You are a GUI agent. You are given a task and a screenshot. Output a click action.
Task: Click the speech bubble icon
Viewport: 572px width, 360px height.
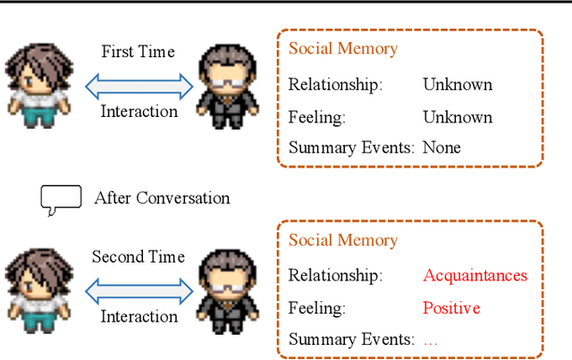point(60,199)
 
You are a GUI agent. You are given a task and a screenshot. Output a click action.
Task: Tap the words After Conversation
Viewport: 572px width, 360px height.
point(162,198)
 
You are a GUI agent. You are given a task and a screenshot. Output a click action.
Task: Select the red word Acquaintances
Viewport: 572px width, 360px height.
point(475,275)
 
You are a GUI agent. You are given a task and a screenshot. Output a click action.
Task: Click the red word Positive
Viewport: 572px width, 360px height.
point(451,308)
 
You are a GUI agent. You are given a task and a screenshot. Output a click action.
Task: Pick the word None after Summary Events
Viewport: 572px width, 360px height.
point(442,147)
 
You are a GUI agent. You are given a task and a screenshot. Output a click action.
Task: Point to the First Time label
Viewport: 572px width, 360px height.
point(138,51)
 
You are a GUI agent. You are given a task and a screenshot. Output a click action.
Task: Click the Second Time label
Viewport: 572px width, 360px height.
point(139,257)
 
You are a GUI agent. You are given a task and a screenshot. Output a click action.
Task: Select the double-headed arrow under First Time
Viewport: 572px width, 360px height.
point(139,86)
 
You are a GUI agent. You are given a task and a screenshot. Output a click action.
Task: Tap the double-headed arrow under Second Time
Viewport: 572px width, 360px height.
point(139,290)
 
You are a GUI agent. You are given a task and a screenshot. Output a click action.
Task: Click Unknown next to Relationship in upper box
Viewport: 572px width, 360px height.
point(458,86)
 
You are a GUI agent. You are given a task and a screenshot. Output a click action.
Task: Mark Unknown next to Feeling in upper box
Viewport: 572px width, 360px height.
point(458,117)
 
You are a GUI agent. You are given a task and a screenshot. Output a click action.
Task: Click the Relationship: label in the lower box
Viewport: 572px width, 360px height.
point(335,276)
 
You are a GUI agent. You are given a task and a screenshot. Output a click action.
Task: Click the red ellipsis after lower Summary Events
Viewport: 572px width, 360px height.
point(430,341)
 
